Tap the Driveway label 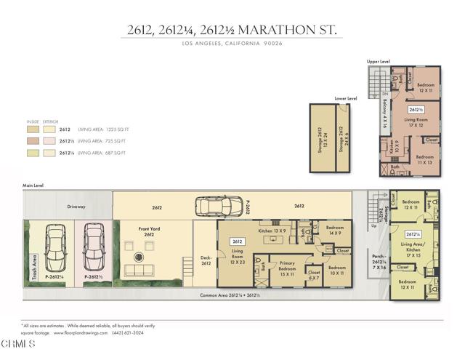76,207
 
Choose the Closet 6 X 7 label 315,275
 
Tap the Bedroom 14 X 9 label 335,230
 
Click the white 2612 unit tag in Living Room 237,241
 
